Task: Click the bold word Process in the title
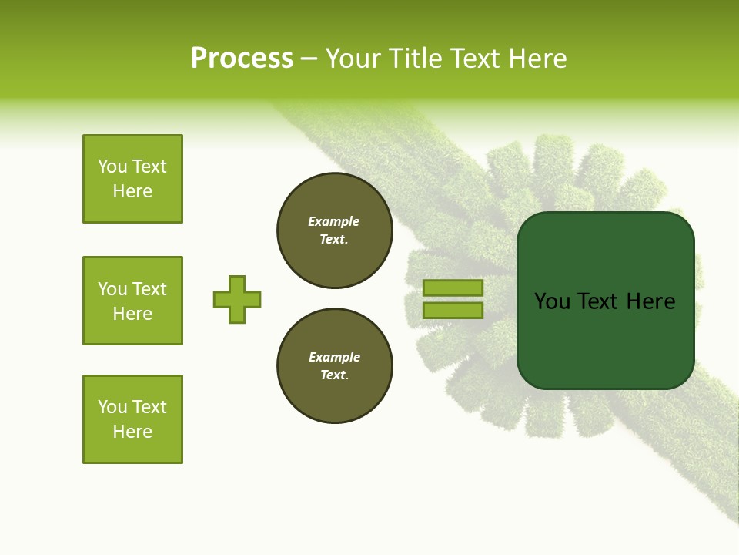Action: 242,59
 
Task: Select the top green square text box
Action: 132,179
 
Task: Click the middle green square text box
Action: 132,301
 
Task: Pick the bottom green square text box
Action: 132,419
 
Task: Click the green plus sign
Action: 237,299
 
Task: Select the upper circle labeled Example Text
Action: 335,230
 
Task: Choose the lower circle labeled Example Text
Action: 335,366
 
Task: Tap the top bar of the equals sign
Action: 453,288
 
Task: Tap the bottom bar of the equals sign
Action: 453,311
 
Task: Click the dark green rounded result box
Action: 605,339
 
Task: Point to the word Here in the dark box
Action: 650,301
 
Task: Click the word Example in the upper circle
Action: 334,221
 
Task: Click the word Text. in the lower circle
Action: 334,375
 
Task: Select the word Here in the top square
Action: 132,191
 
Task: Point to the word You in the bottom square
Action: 112,407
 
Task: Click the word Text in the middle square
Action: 149,289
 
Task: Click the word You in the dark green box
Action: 552,301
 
